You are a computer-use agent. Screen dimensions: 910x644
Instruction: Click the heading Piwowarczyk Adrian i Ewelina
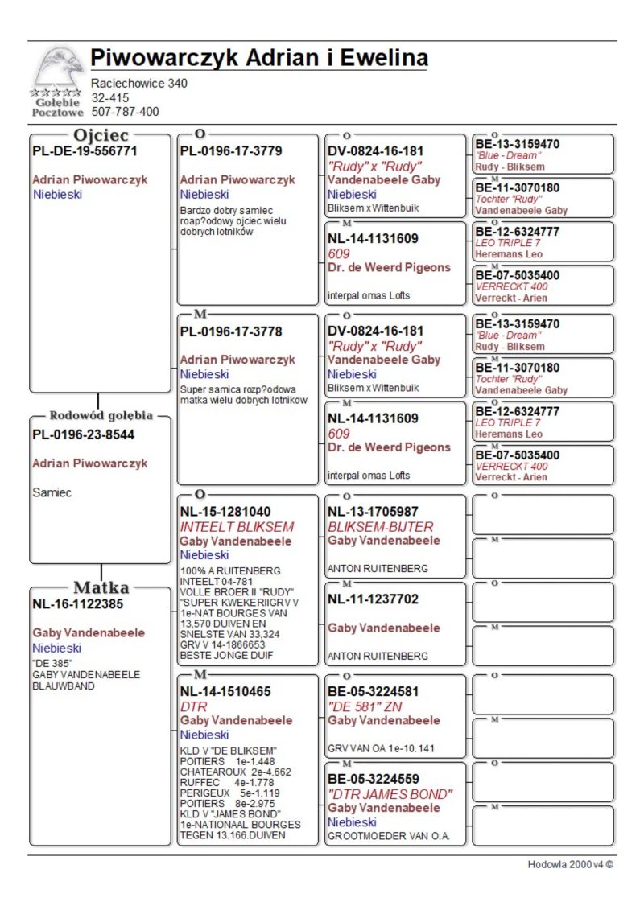(258, 58)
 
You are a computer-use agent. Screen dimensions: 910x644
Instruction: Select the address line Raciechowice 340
(139, 83)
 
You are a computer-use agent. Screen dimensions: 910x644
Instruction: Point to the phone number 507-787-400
(125, 112)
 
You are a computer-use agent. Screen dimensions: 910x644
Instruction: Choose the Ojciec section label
(101, 136)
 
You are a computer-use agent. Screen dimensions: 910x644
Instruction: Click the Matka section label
(101, 587)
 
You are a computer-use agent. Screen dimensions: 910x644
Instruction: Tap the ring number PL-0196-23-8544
(84, 434)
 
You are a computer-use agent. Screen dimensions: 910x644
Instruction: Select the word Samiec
(52, 492)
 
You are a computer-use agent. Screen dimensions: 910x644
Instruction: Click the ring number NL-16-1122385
(77, 603)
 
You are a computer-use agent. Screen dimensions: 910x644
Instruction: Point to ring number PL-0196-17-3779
(231, 150)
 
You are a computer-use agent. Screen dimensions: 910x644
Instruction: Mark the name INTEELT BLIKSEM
(237, 527)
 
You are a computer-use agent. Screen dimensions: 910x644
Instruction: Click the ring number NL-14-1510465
(225, 691)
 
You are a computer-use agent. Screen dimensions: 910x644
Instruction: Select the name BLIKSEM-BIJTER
(380, 527)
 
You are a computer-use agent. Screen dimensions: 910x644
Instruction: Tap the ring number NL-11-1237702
(373, 599)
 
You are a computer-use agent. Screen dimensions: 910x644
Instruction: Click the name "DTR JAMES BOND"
(390, 794)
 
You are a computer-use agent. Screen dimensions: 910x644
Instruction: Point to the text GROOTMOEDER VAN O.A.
(387, 836)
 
